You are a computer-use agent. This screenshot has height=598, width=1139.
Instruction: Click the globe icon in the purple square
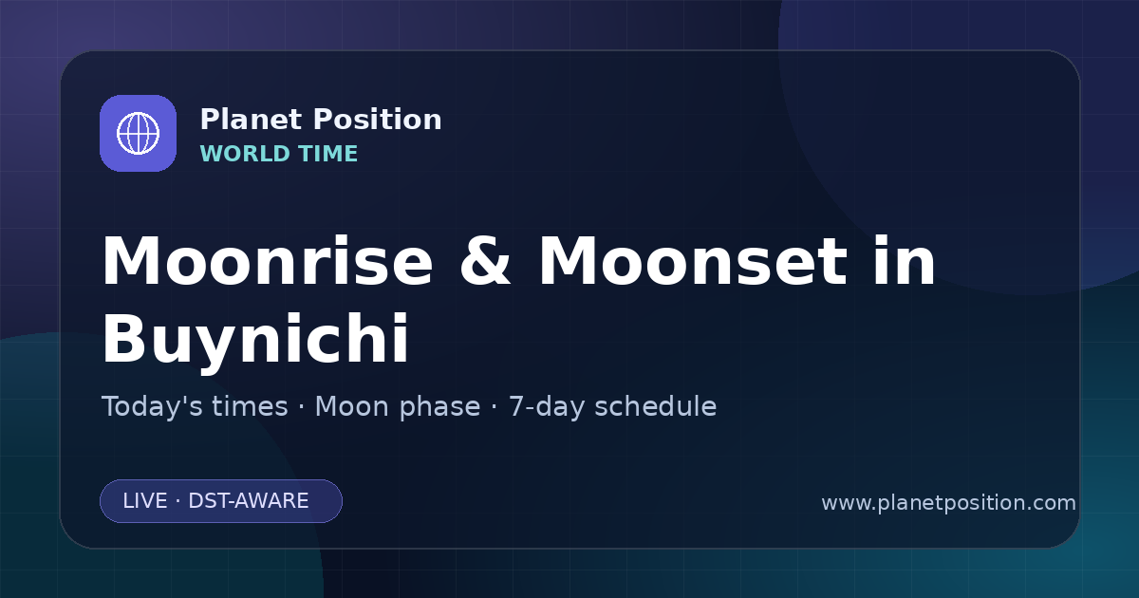(138, 133)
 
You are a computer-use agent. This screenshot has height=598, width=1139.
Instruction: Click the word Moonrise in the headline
(268, 261)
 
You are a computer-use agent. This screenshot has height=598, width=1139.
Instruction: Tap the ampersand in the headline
(485, 261)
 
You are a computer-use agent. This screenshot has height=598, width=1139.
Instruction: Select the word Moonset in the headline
(693, 261)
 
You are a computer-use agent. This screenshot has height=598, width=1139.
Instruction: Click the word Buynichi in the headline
(255, 339)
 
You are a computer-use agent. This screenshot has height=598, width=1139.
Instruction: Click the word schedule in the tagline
(656, 406)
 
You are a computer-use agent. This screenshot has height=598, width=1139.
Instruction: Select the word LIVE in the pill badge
(145, 501)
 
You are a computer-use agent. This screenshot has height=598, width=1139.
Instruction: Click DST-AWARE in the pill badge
(249, 501)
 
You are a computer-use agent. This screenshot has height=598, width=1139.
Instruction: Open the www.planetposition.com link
(949, 503)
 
